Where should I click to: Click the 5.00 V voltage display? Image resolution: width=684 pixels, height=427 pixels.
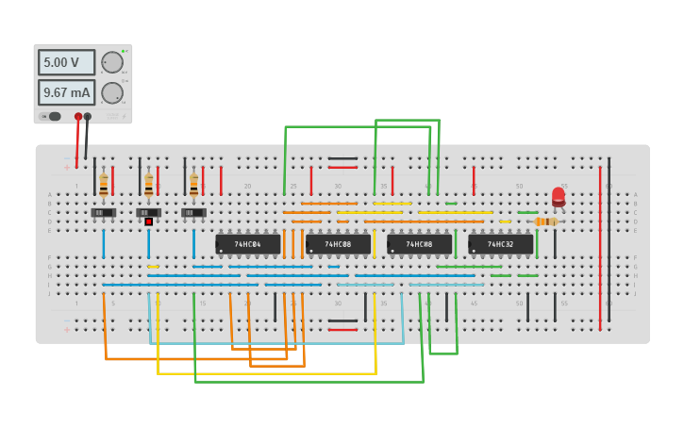[66, 62]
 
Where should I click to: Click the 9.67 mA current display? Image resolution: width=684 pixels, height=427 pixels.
[66, 92]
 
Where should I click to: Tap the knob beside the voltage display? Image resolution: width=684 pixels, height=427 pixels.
[112, 62]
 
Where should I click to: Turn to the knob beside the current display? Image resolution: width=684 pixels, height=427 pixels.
[112, 92]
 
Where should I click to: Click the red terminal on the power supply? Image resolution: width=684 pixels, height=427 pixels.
[78, 117]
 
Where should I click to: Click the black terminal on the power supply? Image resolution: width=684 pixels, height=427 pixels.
[88, 117]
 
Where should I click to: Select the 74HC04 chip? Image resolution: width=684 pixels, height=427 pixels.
[247, 244]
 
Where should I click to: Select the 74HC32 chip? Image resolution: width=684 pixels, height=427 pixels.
[500, 244]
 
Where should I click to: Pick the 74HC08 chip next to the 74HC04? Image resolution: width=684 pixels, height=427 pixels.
[338, 244]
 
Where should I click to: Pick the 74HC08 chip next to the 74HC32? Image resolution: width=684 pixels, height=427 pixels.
[419, 244]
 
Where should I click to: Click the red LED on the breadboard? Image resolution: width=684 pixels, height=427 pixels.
[559, 196]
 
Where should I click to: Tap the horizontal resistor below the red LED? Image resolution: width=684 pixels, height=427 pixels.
[545, 222]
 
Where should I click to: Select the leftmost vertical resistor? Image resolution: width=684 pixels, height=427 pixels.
[104, 186]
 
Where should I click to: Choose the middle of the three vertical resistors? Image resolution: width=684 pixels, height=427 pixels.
[148, 186]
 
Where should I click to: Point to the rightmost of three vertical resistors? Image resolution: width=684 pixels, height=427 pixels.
[193, 186]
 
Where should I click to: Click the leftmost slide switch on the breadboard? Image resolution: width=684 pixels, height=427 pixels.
[104, 213]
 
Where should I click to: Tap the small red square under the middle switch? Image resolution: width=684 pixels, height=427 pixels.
[148, 222]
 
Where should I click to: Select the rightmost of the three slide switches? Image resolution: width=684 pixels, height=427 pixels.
[193, 213]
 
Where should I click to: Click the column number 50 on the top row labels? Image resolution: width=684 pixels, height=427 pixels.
[519, 187]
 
